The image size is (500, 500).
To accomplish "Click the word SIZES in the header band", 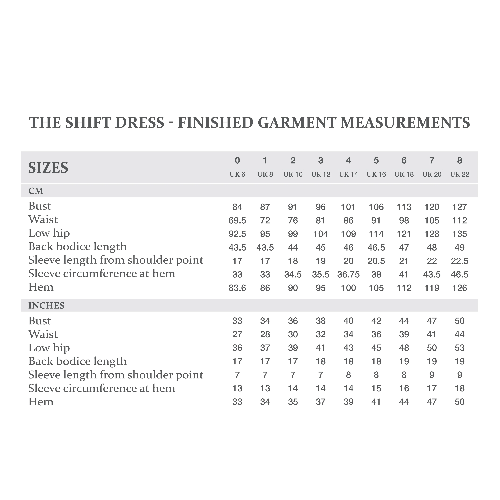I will pyautogui.click(x=48, y=168).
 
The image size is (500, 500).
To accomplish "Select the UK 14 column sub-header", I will pyautogui.click(x=348, y=174).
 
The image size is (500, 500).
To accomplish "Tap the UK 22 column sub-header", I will pyautogui.click(x=459, y=174).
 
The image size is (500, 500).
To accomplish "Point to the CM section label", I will pyautogui.click(x=36, y=191).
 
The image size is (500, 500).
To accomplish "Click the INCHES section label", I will pyautogui.click(x=46, y=306).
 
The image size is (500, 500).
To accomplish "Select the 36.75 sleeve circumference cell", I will pyautogui.click(x=348, y=274).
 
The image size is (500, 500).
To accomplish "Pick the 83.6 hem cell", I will pyautogui.click(x=237, y=288).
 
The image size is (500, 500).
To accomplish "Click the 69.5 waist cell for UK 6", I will pyautogui.click(x=237, y=221).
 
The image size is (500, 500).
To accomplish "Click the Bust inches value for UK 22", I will pyautogui.click(x=459, y=321).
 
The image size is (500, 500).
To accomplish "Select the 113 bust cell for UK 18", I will pyautogui.click(x=404, y=207).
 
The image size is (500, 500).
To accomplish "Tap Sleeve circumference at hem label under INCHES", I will pyautogui.click(x=101, y=388).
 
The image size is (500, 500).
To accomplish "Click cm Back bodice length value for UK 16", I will pyautogui.click(x=376, y=247).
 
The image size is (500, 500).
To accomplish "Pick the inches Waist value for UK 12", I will pyautogui.click(x=320, y=334).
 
